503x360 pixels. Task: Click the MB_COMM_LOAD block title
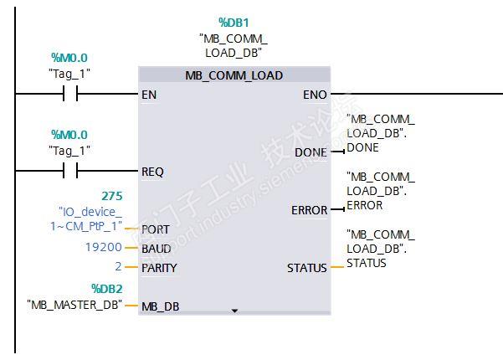[234, 75]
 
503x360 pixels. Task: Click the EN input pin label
[150, 95]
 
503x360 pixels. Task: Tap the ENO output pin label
[315, 95]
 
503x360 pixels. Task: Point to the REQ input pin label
[153, 171]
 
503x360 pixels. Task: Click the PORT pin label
[156, 229]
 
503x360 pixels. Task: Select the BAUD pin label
[157, 249]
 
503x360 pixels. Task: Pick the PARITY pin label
[160, 268]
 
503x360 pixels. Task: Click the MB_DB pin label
[161, 306]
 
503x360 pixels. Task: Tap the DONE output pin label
[311, 152]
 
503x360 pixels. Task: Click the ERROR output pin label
[309, 209]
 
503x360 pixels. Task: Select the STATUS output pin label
[307, 268]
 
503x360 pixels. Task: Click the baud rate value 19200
[104, 248]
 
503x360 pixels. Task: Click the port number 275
[112, 196]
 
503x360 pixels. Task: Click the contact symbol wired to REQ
[70, 171]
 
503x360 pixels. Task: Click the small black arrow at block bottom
[234, 311]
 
